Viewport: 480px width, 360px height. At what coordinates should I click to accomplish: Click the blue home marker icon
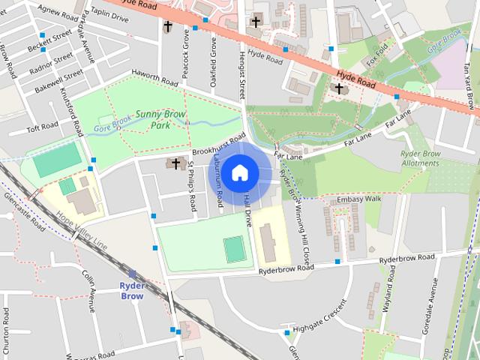(239, 172)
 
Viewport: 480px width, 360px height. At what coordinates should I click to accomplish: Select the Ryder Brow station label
(132, 290)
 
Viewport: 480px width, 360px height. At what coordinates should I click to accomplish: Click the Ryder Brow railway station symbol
(132, 274)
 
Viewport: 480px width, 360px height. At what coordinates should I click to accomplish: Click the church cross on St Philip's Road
(176, 163)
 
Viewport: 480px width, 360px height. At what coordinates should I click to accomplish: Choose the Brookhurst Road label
(220, 145)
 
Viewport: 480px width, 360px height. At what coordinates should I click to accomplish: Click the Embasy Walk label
(359, 199)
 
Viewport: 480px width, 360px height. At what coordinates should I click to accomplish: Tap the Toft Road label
(42, 128)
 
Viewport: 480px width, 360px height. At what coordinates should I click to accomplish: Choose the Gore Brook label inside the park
(113, 126)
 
